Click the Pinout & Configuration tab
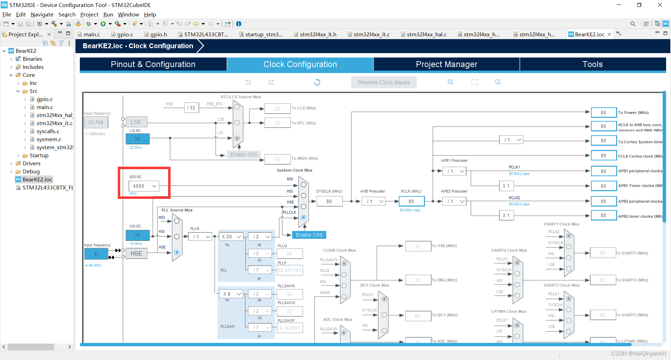pos(153,64)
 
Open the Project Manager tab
pos(446,64)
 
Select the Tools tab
pos(592,64)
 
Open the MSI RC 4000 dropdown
pos(144,186)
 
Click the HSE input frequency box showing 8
pos(96,254)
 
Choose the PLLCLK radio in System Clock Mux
pos(303,217)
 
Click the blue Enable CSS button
pos(309,235)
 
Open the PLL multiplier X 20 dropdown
pos(231,237)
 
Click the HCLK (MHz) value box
pos(411,201)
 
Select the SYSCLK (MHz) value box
pos(329,201)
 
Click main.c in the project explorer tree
pos(45,107)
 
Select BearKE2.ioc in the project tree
pos(37,180)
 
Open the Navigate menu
pos(42,15)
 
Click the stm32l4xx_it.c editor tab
pos(371,34)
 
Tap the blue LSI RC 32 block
pos(137,139)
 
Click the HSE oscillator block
pos(136,253)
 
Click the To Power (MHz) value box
pos(603,113)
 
